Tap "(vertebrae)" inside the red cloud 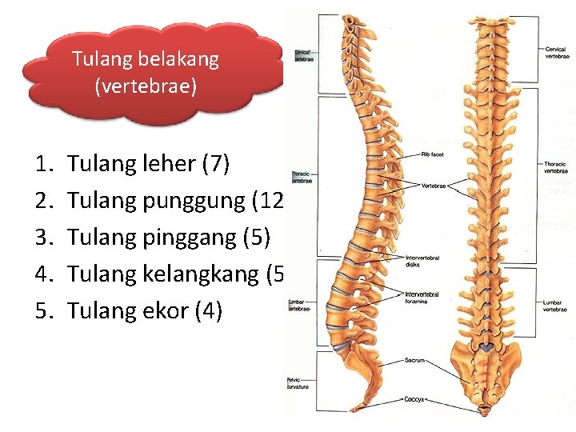(145, 86)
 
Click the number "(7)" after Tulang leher (215, 164)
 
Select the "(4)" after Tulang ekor (209, 310)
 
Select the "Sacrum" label (414, 361)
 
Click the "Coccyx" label (415, 398)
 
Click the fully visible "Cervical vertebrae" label (556, 53)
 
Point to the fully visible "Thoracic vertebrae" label (556, 167)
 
